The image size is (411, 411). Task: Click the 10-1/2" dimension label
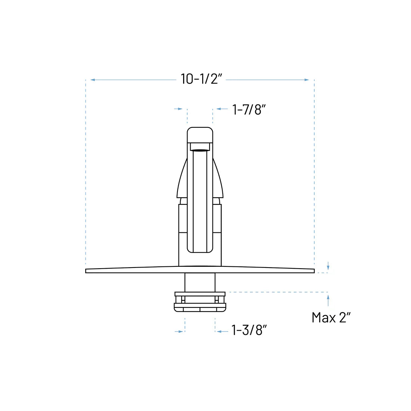pos(202,79)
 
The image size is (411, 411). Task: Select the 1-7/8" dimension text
pos(249,109)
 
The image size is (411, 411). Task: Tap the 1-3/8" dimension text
pos(249,330)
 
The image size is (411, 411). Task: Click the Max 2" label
pos(331,318)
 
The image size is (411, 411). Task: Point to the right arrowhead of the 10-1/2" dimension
pos(307,80)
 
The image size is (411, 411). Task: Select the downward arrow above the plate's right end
pos(328,266)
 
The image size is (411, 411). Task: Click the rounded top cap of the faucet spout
pos(200,135)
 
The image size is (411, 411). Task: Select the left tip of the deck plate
pos(87,271)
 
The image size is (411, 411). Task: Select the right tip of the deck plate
pos(313,271)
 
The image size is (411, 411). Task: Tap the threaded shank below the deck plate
pos(200,282)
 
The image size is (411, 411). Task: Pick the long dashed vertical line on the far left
pos(86,172)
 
